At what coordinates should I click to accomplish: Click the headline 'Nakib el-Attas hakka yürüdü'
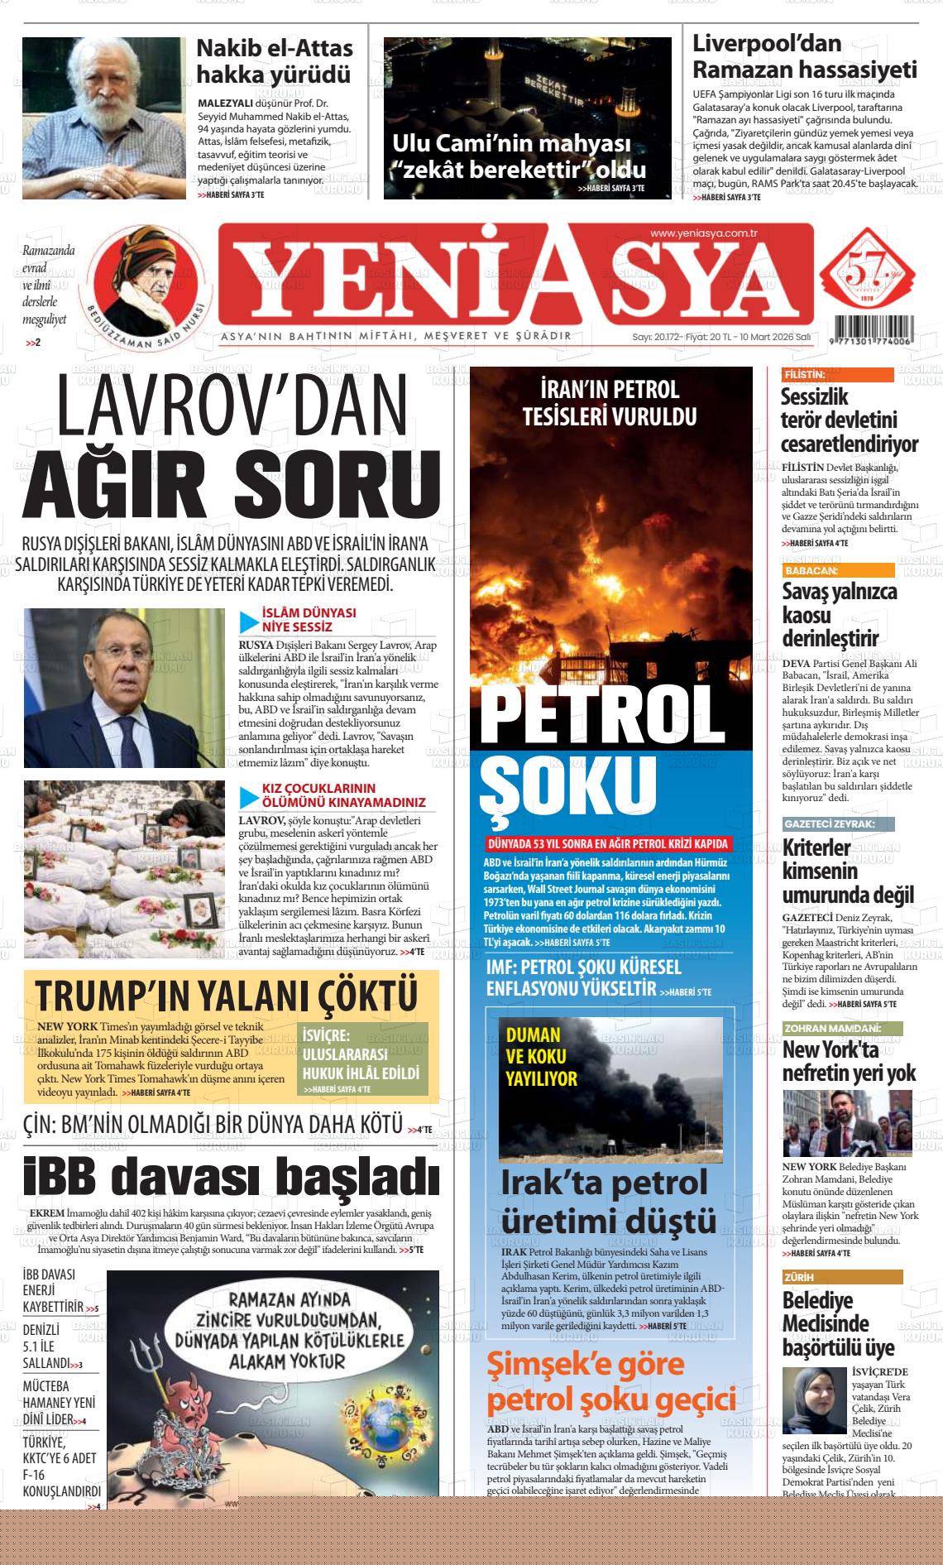274,61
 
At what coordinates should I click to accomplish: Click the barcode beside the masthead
874,329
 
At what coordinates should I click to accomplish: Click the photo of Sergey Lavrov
124,688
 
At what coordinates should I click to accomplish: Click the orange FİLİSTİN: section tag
837,375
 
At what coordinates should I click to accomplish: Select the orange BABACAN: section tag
837,570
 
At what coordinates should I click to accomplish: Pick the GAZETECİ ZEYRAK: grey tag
837,824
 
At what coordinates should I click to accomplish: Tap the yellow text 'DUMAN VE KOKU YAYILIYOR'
541,1056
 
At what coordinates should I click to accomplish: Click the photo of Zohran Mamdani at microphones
847,1122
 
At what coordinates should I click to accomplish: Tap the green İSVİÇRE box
362,1060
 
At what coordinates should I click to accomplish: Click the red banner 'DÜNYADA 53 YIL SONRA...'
609,844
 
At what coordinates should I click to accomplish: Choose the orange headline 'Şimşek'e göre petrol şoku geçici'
610,1380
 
